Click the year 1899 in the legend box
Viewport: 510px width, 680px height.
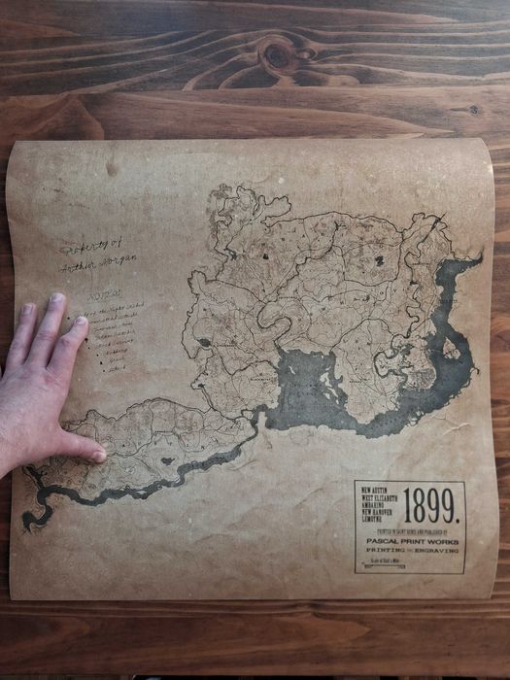[432, 505]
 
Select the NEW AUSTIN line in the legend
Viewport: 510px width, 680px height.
[374, 490]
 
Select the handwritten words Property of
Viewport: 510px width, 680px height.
[87, 248]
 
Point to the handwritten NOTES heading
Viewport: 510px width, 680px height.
[105, 292]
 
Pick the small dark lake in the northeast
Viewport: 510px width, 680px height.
[379, 259]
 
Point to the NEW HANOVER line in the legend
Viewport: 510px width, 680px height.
[377, 512]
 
